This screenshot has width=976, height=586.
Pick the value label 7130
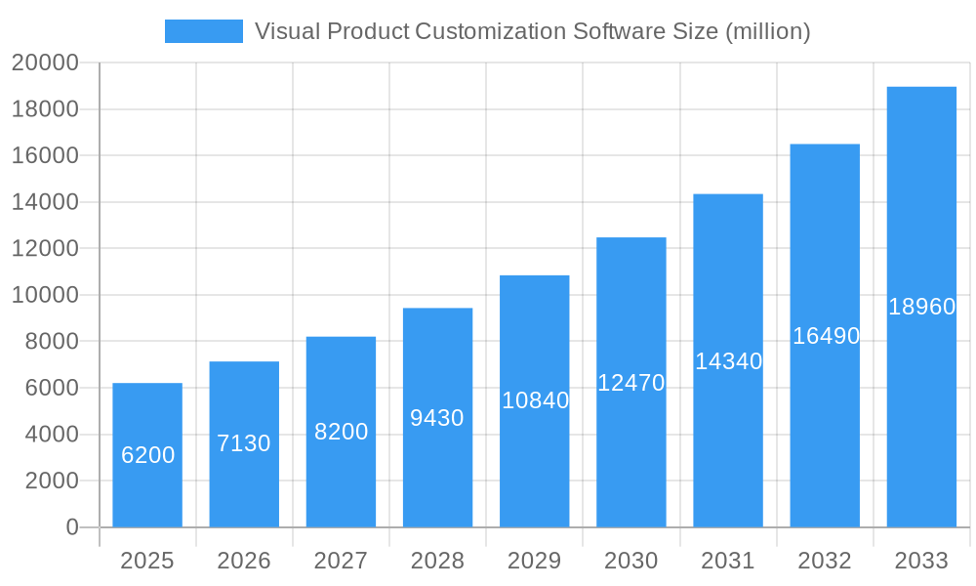click(244, 443)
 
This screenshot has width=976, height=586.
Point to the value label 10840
click(535, 400)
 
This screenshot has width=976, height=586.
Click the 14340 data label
click(728, 361)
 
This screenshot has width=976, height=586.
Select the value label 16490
click(826, 336)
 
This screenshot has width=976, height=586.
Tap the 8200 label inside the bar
click(341, 432)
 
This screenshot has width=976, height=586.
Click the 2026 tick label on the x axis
click(244, 561)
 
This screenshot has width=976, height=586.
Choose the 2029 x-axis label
click(535, 561)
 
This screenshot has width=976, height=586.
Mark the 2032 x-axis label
click(825, 561)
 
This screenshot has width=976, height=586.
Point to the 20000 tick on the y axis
click(45, 63)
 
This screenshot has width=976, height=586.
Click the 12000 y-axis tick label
click(45, 249)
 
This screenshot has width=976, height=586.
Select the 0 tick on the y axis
click(72, 527)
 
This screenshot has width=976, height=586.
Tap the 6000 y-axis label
click(51, 388)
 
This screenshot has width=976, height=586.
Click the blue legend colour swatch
click(203, 31)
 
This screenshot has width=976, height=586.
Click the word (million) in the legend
click(766, 31)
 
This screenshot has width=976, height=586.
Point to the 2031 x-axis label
click(728, 561)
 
